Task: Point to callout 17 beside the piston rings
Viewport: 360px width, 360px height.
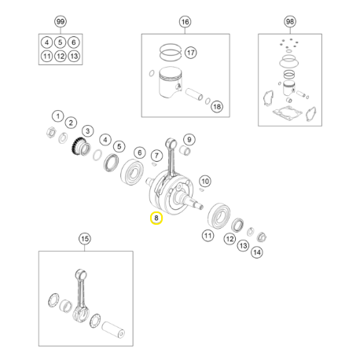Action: [191, 53]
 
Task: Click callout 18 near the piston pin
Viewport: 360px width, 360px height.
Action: [216, 106]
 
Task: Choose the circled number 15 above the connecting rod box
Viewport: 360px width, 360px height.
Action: [84, 238]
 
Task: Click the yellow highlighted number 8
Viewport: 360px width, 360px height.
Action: [156, 217]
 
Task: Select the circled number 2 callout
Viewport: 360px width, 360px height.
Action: [71, 123]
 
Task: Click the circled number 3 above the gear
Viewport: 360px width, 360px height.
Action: [87, 130]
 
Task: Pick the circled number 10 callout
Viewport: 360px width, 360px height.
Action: [204, 180]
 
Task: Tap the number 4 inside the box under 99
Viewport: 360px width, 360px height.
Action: [47, 42]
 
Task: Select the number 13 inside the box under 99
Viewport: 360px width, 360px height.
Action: [74, 56]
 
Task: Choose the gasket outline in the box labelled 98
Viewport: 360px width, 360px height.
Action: [289, 111]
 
